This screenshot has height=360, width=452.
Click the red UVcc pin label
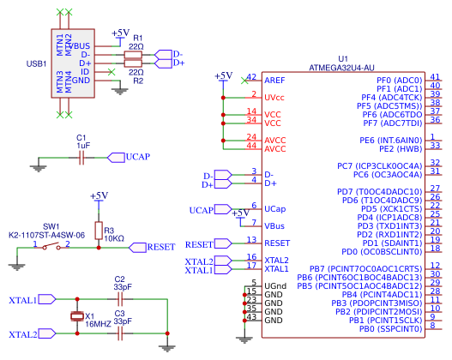(x=275, y=97)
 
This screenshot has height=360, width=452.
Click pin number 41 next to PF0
(x=435, y=76)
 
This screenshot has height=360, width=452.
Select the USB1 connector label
(x=37, y=63)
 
